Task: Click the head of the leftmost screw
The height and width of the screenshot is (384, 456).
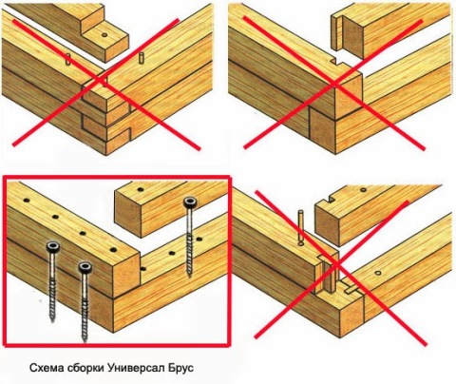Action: pos(53,247)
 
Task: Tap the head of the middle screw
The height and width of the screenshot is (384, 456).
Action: pos(85,267)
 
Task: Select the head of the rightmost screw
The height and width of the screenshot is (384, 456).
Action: pos(191,202)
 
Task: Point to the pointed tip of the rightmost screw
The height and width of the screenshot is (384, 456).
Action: pos(189,277)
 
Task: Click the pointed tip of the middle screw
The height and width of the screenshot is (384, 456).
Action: pos(85,341)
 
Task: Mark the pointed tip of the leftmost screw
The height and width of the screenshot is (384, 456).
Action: pos(52,321)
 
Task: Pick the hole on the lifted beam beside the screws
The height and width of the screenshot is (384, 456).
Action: pos(140,190)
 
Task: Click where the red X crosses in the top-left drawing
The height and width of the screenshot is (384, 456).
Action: pos(102,80)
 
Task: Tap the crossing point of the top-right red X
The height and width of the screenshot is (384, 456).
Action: pos(334,83)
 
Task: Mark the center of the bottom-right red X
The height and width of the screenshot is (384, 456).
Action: pos(335,264)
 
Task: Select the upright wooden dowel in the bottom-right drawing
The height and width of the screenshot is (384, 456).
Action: pos(301,227)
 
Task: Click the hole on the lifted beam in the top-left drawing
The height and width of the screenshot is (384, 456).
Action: pos(104,35)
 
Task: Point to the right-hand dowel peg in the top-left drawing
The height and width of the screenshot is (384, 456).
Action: pos(142,59)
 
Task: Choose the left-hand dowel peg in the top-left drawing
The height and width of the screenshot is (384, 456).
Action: pos(67,59)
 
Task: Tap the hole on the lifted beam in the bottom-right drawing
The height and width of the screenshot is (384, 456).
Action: pos(363,190)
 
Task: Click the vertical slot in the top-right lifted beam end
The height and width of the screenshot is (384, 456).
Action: pos(337,32)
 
